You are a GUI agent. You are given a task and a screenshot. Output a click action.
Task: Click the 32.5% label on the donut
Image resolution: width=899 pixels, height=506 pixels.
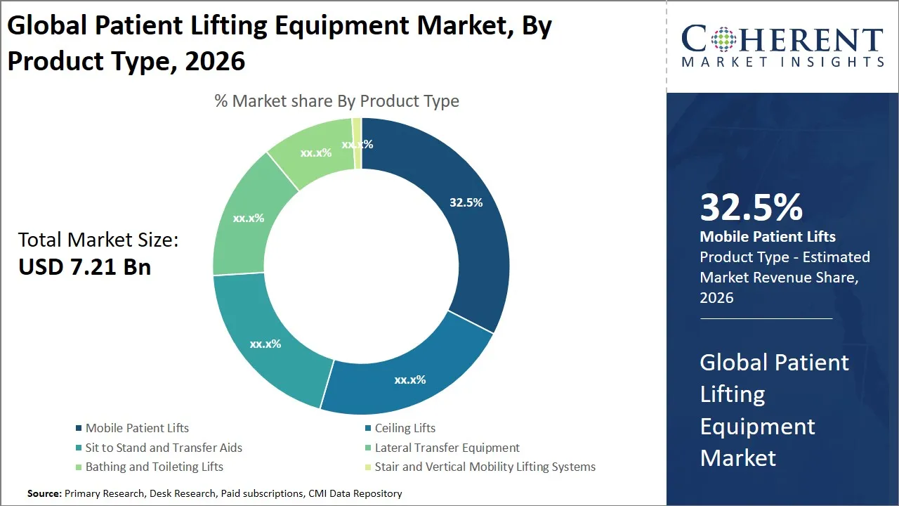point(466,202)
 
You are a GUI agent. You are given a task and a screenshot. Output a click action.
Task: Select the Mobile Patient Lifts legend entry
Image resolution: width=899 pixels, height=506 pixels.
point(137,428)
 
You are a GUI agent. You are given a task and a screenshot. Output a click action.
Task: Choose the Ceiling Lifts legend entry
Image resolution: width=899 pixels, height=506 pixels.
point(405,428)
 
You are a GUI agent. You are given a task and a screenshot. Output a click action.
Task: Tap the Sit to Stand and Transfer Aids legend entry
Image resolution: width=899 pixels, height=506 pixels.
point(164,448)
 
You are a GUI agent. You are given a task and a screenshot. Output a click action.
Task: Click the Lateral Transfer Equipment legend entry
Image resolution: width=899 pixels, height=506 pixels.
point(447,448)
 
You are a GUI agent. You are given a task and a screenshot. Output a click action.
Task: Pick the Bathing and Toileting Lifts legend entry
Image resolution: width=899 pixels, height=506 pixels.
point(154,467)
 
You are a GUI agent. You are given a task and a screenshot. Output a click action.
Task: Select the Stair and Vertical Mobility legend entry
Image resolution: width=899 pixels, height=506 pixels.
point(485,467)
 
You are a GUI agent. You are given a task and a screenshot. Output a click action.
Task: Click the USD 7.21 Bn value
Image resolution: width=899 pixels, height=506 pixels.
point(85,267)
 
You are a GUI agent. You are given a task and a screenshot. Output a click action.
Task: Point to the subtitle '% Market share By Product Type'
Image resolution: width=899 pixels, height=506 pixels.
point(336,101)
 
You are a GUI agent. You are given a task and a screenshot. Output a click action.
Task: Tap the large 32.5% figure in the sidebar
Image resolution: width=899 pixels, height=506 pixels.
point(751,207)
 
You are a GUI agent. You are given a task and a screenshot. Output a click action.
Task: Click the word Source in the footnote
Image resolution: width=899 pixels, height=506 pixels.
point(44,493)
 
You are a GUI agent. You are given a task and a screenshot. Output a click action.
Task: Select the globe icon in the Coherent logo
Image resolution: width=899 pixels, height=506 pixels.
point(723,39)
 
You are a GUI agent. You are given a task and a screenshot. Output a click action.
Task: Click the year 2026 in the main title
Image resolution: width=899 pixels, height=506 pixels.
point(214,61)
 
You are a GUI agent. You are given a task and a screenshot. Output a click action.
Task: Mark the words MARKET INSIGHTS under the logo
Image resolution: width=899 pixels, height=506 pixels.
point(782,63)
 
